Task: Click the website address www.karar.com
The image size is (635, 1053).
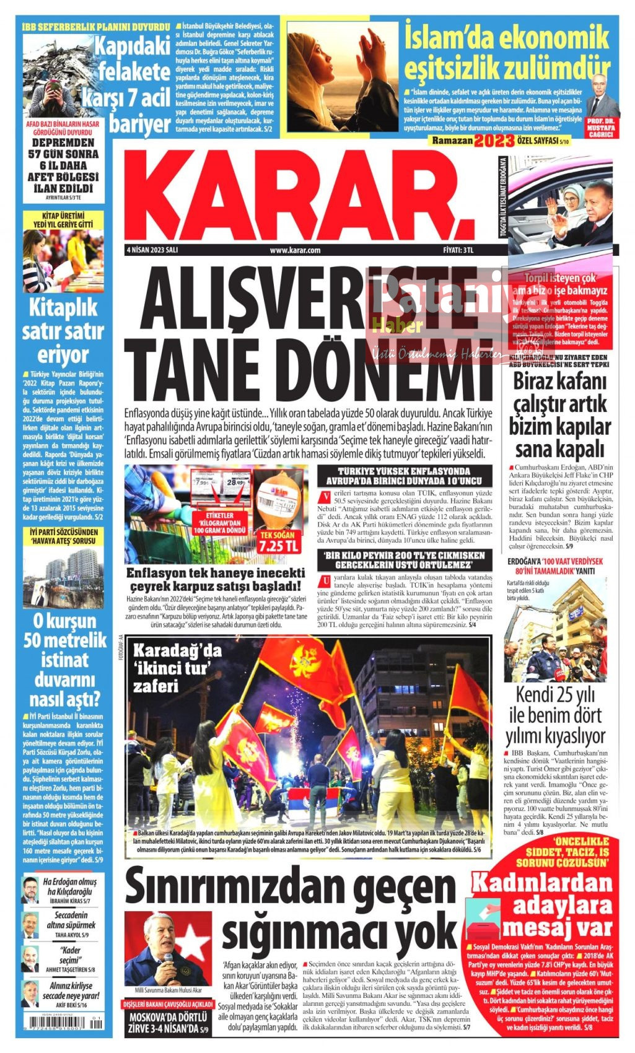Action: click(295, 250)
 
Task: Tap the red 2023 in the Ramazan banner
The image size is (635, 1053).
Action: click(494, 141)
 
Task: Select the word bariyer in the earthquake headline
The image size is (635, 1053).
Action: click(140, 123)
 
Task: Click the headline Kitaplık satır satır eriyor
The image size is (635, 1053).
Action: click(63, 331)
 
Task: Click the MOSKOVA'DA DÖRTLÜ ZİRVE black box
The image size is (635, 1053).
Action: click(167, 1025)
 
